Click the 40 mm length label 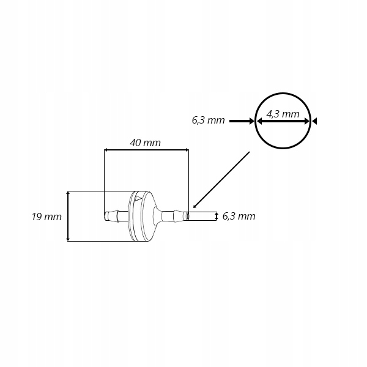[x=146, y=143]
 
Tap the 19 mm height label [x=47, y=217]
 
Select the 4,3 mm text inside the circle [x=283, y=114]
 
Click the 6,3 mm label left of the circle [x=209, y=120]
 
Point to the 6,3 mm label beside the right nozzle [x=239, y=216]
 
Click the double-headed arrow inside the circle [x=283, y=122]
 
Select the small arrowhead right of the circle [x=314, y=121]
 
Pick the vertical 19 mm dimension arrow [x=67, y=216]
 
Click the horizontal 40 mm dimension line [x=146, y=149]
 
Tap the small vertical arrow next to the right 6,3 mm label [x=216, y=216]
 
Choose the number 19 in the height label [x=37, y=217]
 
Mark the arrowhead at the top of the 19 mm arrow [x=67, y=194]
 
